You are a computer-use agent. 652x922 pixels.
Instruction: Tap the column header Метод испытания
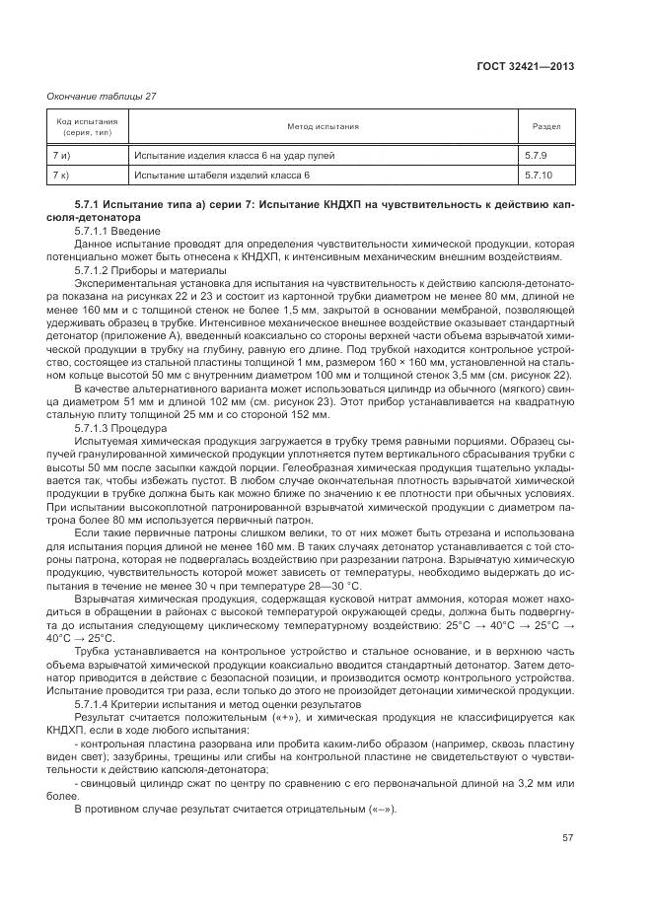point(323,127)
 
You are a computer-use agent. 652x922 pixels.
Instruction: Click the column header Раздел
point(546,127)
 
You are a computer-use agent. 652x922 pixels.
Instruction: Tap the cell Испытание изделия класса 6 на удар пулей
point(234,156)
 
